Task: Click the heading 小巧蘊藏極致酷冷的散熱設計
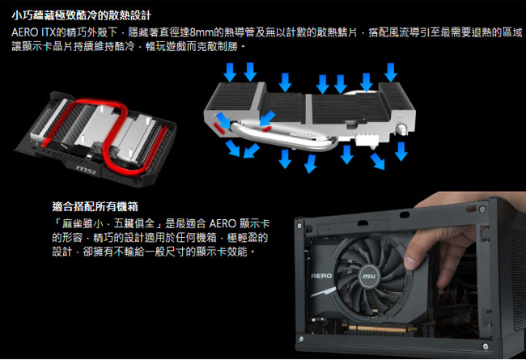coord(82,15)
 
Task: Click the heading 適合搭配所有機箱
coord(95,206)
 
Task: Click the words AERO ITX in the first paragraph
coord(33,32)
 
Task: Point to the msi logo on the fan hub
coord(369,276)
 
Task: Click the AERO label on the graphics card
coord(322,276)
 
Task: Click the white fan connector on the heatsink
coord(367,138)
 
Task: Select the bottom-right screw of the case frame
coord(485,346)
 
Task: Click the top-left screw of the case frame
coord(299,226)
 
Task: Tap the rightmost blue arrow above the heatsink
coord(390,72)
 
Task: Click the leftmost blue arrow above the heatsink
coord(230,72)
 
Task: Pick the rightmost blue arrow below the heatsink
coord(401,151)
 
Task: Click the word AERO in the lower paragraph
coord(223,223)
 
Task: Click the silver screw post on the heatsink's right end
coord(402,129)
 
